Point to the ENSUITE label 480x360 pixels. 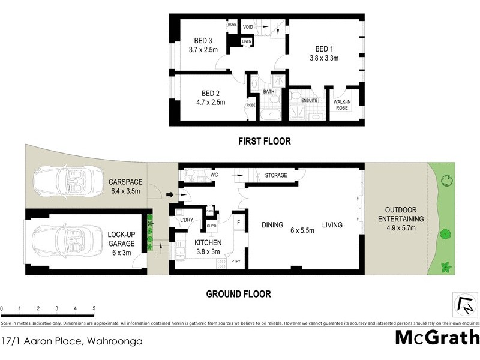point(309,101)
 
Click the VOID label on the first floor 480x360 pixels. point(248,27)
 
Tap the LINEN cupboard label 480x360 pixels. point(246,41)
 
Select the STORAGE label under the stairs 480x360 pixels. point(276,175)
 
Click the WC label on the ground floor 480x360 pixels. point(213,175)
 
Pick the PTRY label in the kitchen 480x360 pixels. point(236,262)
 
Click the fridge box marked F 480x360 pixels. point(239,223)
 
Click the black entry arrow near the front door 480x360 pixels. point(170,194)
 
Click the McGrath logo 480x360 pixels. point(437,337)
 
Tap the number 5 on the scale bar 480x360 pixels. point(94,308)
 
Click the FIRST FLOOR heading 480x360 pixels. point(265,142)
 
